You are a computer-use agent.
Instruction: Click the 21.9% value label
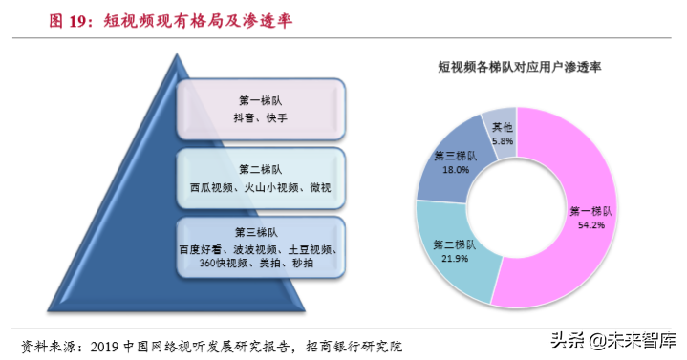tap(456, 258)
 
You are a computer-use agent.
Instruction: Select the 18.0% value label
tap(453, 169)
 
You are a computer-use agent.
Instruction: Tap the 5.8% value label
tap(502, 140)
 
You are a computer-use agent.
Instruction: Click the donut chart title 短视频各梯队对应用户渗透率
tap(519, 68)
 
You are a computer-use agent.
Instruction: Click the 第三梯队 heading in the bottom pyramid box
tap(258, 231)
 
